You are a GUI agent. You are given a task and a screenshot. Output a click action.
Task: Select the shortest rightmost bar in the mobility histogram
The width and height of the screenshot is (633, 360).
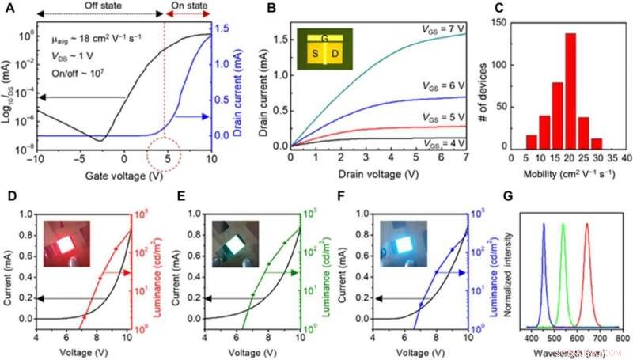point(595,144)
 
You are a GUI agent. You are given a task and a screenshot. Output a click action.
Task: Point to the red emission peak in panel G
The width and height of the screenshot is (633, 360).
point(587,225)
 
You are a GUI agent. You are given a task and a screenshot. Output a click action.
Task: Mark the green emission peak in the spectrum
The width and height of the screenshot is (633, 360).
point(563,225)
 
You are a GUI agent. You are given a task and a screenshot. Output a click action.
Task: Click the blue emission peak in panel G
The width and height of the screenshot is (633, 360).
point(544,225)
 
